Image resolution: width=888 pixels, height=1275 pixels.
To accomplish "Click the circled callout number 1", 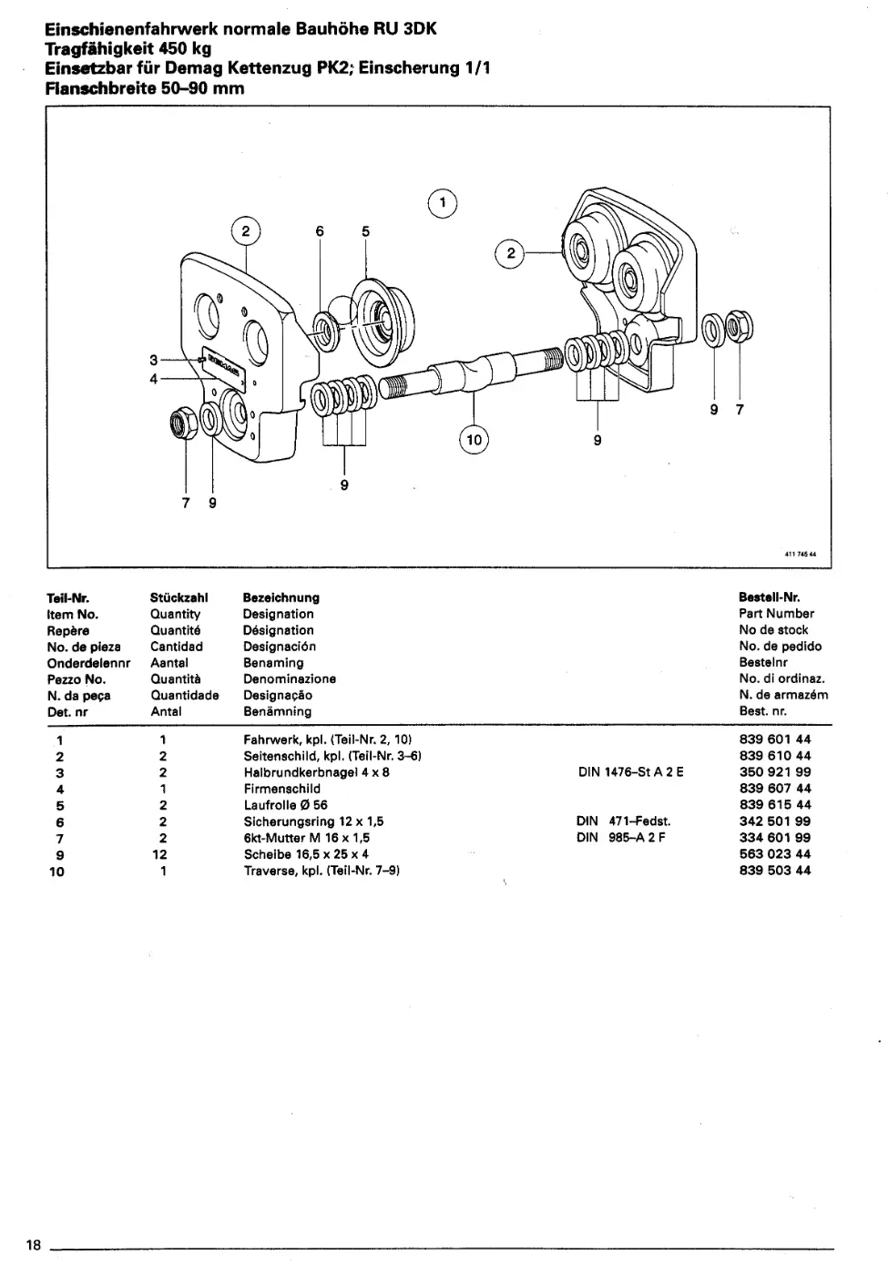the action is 443,203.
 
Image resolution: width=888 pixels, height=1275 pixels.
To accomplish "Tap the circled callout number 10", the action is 474,439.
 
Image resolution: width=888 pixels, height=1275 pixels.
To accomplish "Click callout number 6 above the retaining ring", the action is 320,231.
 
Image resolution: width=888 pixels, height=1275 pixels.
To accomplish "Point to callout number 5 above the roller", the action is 365,231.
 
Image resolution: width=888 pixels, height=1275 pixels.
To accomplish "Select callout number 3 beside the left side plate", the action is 154,360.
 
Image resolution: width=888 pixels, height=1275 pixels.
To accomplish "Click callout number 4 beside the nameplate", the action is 154,379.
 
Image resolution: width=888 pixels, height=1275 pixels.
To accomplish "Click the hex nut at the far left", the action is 184,423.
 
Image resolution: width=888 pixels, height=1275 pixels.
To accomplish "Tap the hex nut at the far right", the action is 739,327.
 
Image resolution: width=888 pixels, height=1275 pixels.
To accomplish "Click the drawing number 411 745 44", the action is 801,554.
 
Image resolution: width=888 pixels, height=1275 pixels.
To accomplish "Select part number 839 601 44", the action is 775,739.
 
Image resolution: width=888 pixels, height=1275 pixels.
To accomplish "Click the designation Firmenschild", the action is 281,789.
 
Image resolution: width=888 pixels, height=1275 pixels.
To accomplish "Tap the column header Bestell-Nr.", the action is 769,597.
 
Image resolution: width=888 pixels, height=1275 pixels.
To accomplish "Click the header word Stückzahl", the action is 179,597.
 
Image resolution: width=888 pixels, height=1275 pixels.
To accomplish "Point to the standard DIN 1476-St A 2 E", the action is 630,772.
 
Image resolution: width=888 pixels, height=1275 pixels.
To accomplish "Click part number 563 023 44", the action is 775,854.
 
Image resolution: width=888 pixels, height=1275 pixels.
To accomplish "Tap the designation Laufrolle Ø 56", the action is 285,805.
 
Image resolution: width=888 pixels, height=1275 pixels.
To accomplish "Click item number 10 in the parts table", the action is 56,872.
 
